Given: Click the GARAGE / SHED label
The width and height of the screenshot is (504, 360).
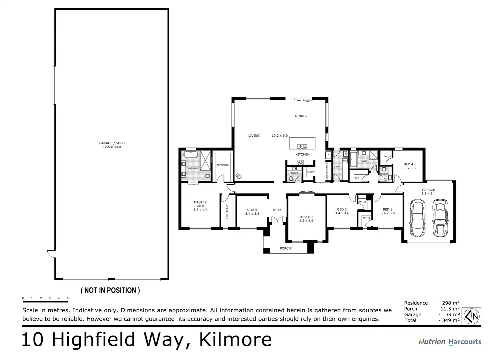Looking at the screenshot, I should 112,145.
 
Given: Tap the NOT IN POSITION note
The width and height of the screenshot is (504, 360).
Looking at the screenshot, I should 110,290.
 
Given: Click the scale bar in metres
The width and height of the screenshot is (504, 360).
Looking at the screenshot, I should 45,301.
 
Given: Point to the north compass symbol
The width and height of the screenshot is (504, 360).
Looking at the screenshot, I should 472,316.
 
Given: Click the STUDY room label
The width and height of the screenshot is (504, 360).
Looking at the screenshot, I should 252,212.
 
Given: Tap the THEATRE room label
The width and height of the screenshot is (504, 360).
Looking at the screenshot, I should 306,219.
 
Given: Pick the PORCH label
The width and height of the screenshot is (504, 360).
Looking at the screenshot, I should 285,248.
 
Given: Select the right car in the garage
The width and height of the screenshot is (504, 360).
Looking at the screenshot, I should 440,217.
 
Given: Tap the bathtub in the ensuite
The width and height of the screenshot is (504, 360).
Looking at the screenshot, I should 190,155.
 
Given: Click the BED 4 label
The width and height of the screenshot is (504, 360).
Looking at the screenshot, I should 408,166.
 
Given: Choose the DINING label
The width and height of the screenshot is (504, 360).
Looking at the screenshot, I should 301,116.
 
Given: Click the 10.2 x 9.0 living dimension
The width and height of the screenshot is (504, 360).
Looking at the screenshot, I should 279,136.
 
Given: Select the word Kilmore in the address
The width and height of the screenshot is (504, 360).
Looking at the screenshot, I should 235,340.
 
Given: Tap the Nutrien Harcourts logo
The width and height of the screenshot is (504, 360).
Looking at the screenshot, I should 450,342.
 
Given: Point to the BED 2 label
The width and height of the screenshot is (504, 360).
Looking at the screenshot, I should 342,211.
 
